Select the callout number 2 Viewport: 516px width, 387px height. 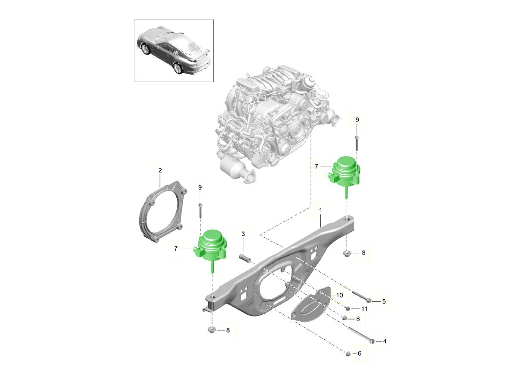(x=160, y=171)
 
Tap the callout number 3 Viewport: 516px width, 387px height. (x=243, y=234)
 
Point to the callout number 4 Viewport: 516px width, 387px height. (x=384, y=341)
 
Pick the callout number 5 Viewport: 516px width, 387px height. (x=384, y=301)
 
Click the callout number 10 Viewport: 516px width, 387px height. (x=339, y=295)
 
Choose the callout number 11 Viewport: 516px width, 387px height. (x=364, y=309)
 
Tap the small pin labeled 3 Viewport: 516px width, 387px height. (x=245, y=258)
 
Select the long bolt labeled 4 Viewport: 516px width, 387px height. (x=359, y=335)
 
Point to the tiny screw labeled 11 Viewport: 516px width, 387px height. (x=347, y=308)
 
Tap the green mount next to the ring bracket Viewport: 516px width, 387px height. (x=211, y=247)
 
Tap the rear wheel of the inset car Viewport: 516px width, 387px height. (x=177, y=68)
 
